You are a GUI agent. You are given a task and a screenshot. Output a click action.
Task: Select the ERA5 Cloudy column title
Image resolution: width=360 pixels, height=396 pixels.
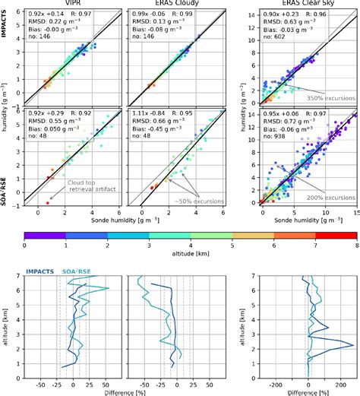click(160, 5)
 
